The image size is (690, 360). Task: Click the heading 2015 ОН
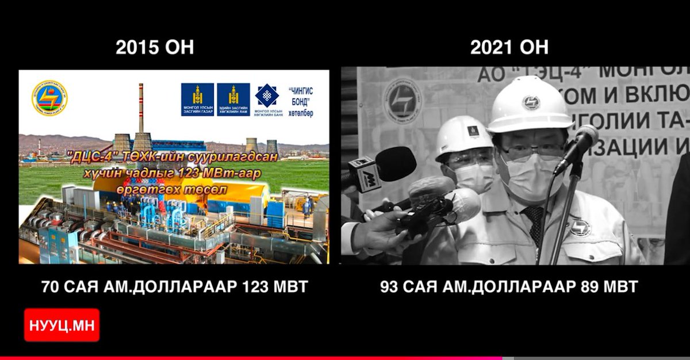pos(155,47)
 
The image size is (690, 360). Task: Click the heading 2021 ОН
pos(509,47)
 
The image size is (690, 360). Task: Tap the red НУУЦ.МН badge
pos(62,325)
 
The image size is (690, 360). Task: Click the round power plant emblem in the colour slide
pos(49,98)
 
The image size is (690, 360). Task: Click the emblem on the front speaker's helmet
pos(530,102)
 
